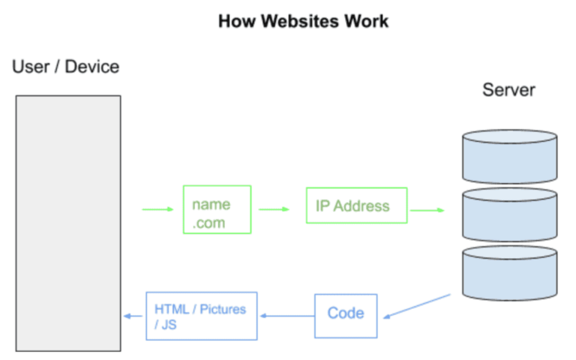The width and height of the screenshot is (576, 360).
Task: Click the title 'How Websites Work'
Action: click(x=303, y=21)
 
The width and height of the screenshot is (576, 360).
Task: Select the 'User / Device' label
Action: click(x=66, y=67)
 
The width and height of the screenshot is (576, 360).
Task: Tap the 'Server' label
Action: click(x=508, y=90)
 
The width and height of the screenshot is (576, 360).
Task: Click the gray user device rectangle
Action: click(x=68, y=223)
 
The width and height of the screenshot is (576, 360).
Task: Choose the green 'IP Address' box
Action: click(x=356, y=205)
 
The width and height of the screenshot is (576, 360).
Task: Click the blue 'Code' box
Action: click(x=346, y=313)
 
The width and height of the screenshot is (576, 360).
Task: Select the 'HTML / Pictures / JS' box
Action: click(x=201, y=316)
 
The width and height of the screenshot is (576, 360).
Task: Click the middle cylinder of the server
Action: click(x=509, y=216)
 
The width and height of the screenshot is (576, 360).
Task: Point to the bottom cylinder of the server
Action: click(x=509, y=274)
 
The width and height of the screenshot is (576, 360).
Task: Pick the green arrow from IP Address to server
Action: click(x=427, y=211)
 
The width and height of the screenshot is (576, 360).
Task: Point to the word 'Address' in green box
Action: click(x=362, y=205)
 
